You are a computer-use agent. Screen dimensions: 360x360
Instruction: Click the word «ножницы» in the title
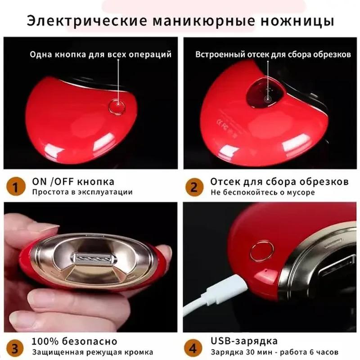(297, 21)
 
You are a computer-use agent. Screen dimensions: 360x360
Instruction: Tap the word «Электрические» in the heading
(87, 21)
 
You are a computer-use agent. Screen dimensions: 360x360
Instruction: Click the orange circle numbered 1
(15, 187)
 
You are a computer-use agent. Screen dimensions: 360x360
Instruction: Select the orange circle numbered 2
(194, 187)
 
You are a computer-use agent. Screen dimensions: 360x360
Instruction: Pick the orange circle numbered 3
(15, 348)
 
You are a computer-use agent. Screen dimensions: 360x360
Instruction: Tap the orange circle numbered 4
(193, 348)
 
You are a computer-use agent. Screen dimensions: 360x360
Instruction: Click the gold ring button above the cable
(261, 251)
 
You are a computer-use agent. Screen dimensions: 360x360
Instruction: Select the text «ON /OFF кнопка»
(73, 182)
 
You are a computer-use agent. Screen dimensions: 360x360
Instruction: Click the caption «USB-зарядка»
(244, 341)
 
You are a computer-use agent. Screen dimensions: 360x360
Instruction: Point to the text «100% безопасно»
(74, 342)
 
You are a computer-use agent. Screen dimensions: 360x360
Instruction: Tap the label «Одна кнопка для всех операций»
(100, 54)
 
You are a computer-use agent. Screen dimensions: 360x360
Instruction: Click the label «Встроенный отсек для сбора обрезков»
(273, 54)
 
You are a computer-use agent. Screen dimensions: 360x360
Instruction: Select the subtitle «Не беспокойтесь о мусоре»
(263, 192)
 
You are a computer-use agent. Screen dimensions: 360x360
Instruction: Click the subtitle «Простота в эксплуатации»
(82, 192)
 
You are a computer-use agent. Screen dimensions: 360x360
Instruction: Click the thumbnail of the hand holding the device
(90, 267)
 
